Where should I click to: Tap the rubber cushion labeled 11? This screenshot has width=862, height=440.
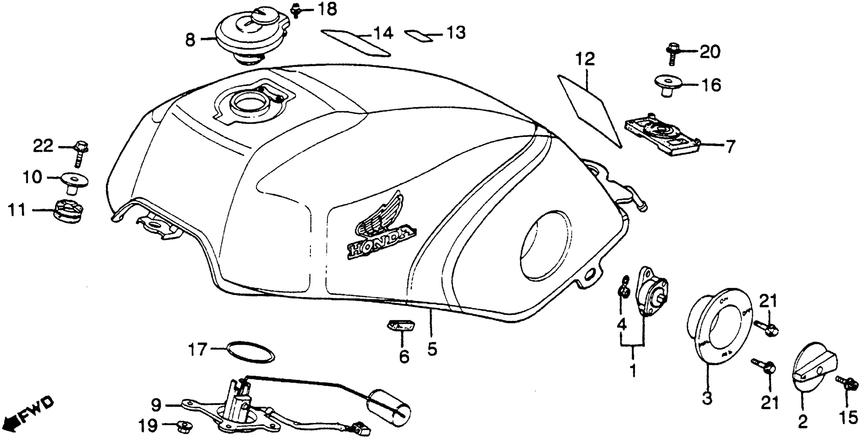pos(69,210)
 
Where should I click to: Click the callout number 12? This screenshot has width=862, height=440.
pos(585,59)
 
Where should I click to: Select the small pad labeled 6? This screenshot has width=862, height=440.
pos(401,325)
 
